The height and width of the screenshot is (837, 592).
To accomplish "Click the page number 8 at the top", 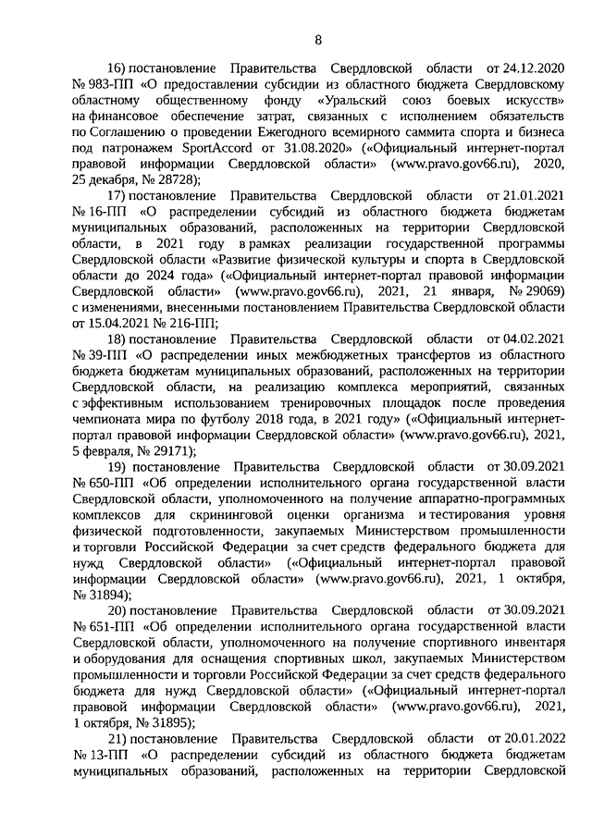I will pyautogui.click(x=318, y=40).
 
